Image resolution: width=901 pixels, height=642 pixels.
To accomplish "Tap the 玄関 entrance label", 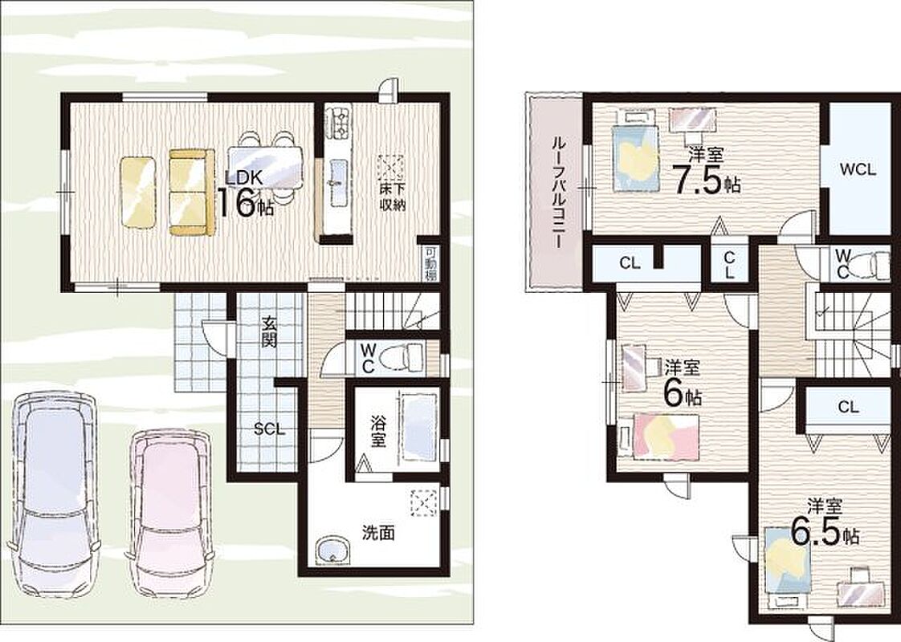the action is coord(269,332).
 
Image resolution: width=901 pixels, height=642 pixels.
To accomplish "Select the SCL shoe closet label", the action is coord(269,429).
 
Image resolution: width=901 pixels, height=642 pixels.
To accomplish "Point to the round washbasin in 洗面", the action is coord(332,551).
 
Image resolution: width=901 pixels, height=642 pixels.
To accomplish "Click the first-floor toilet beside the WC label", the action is coord(405,356).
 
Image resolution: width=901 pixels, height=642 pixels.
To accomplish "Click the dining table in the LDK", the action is coord(265,169).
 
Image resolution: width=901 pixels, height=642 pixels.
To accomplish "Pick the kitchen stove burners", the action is coord(336,122).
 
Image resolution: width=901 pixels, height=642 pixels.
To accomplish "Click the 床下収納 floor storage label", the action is coord(392,197).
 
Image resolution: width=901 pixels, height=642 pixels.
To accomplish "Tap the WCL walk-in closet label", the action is coord(858,169).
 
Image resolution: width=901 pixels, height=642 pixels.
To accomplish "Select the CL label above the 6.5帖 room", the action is coord(848,407).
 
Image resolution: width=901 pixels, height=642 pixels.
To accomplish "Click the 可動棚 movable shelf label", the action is coord(430,264).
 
